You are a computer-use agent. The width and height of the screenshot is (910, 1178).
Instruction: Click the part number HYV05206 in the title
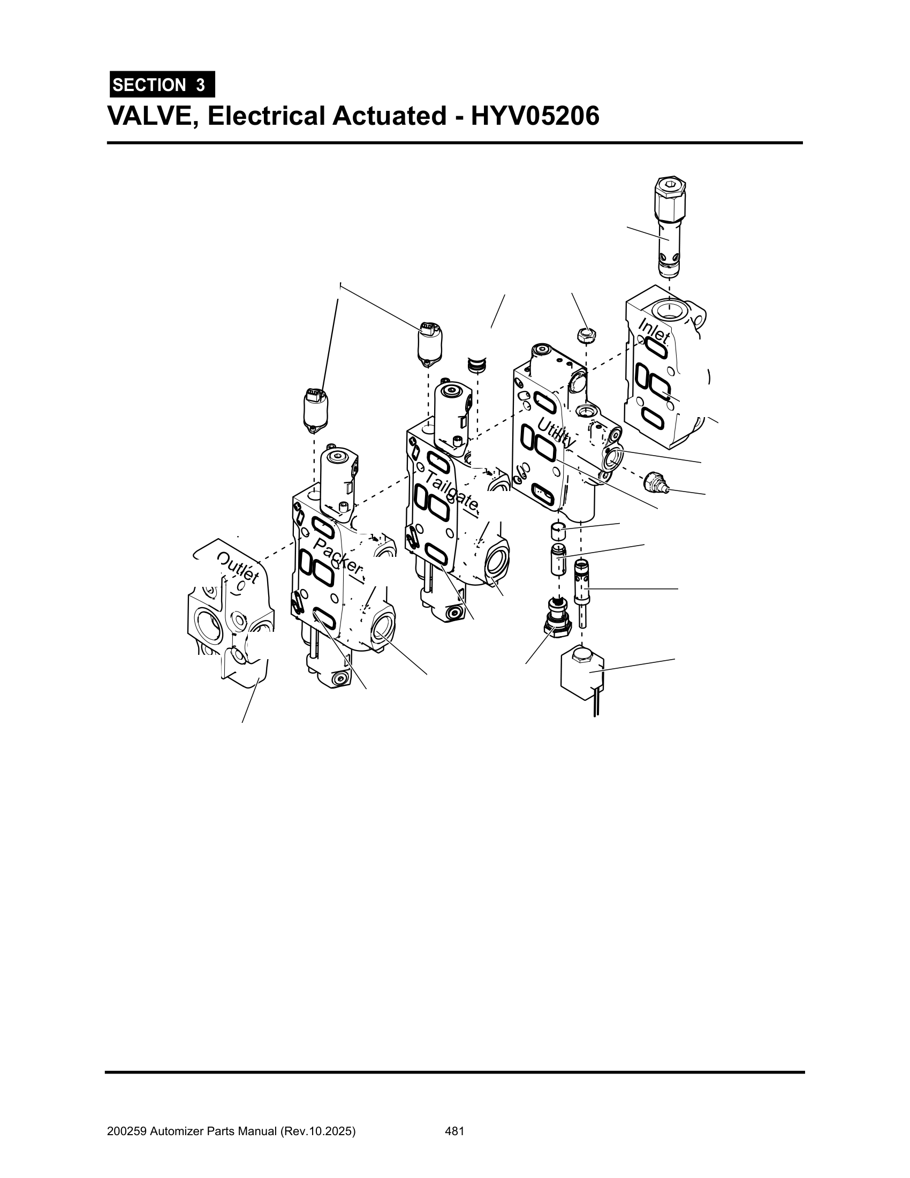[x=535, y=116]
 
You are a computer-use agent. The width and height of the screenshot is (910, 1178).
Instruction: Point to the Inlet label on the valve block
[x=655, y=330]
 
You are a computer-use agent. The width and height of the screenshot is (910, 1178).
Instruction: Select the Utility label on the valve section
[x=557, y=432]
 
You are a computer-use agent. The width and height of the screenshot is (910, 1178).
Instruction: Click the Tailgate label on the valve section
[x=452, y=490]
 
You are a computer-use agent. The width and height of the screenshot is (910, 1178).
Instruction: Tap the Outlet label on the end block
[x=238, y=568]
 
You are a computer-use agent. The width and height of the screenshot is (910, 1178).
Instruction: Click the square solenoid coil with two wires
[x=583, y=669]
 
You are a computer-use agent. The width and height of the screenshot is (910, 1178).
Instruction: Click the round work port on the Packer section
[x=382, y=628]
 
